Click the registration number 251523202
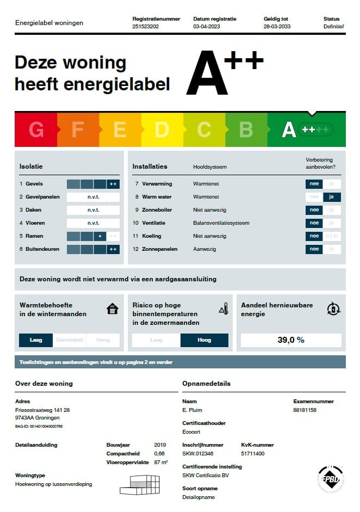coord(145,26)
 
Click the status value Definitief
coord(333,26)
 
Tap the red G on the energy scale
coord(36,129)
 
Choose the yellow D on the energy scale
coord(162,129)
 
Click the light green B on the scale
coord(246,129)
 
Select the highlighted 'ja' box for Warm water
coord(332,197)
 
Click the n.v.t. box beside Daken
coord(93,210)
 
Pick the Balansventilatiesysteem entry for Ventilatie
coord(221,223)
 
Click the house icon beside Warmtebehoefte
coord(113,309)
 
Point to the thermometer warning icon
coord(224,309)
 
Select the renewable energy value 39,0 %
coord(291,340)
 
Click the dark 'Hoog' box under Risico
coord(204,340)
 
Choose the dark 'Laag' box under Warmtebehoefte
coord(36,340)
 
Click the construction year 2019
coord(160,445)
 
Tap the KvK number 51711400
coord(253,453)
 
